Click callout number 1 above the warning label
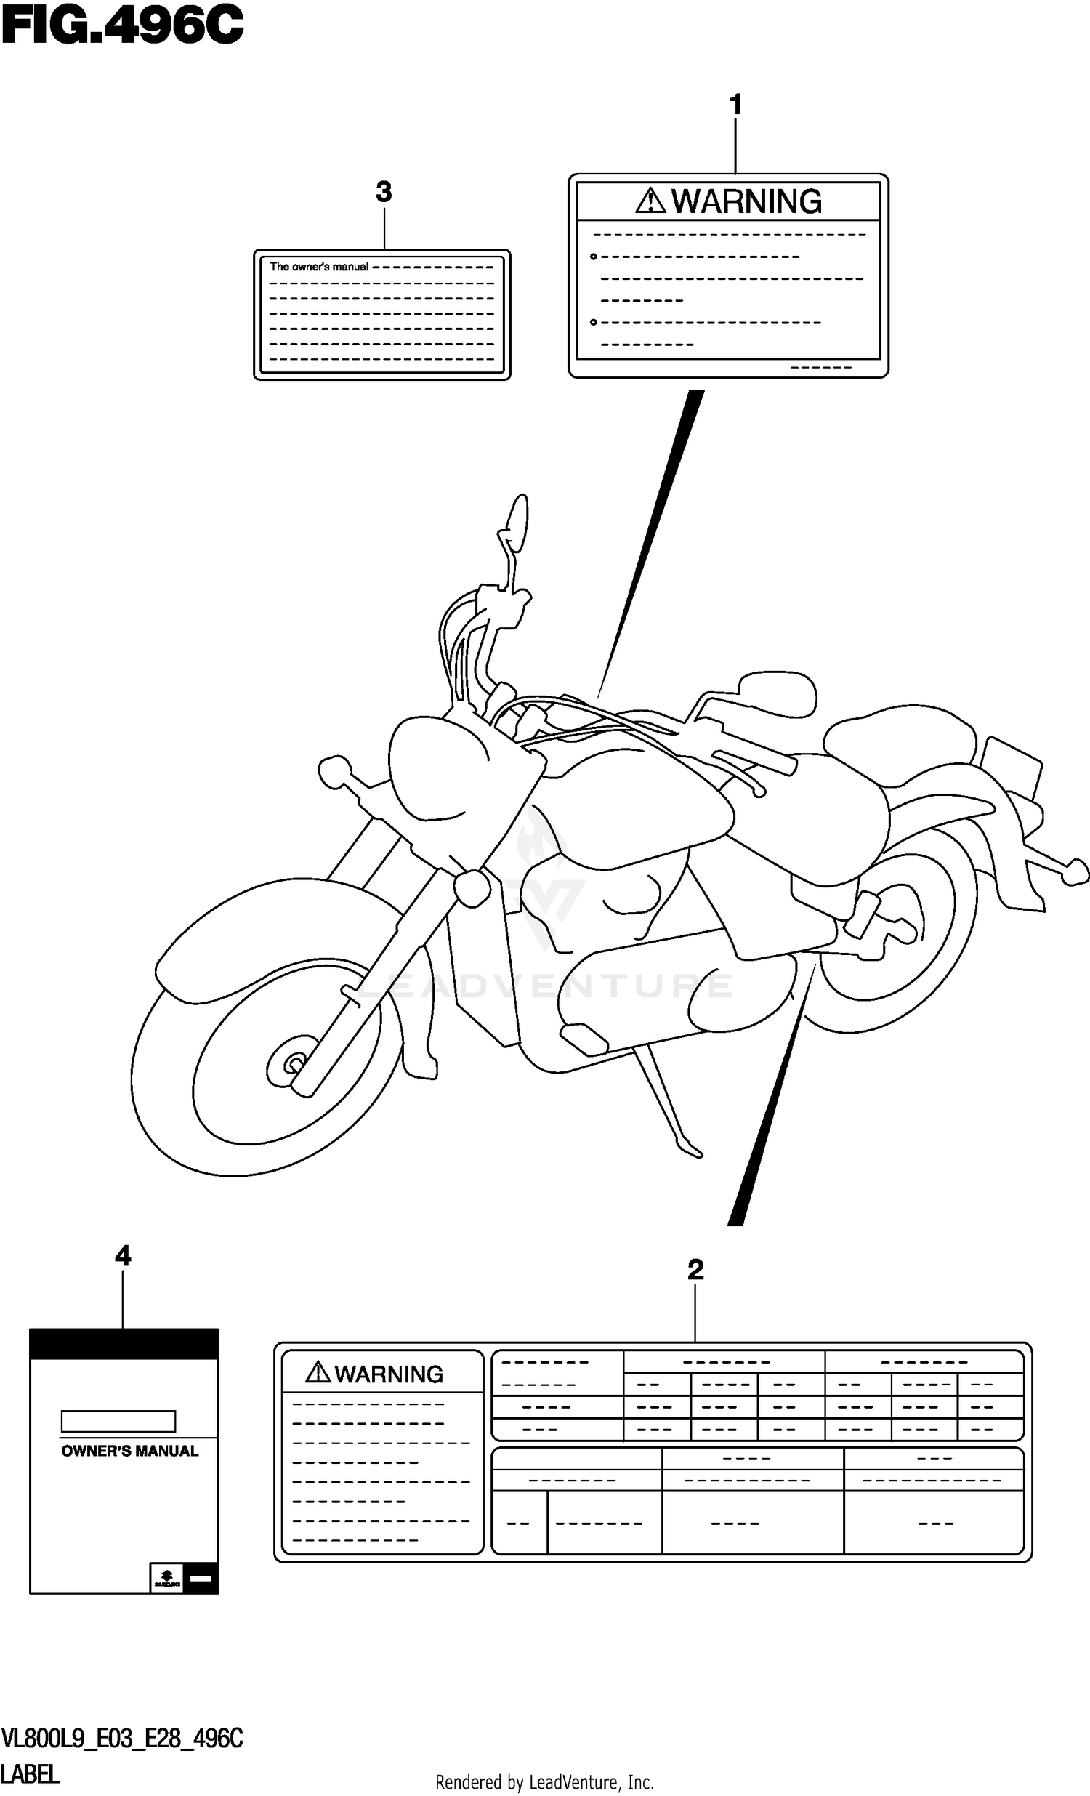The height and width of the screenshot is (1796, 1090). coord(735,105)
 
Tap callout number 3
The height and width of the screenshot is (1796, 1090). coord(383,193)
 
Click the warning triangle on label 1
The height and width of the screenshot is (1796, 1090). coord(650,201)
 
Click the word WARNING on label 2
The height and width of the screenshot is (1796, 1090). coord(388,1374)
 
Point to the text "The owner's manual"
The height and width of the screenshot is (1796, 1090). coord(319,267)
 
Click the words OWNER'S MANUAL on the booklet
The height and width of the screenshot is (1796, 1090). coord(129,1451)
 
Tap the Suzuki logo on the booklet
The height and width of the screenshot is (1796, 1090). coord(167,1578)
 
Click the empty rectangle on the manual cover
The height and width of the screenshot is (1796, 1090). coord(118,1422)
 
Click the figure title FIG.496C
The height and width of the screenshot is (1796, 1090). coord(122,25)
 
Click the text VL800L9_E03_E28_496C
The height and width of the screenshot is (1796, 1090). coord(122,1739)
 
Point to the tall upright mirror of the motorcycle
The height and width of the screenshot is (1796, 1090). coord(518,522)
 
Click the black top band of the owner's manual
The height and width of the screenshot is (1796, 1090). coord(124,1343)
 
